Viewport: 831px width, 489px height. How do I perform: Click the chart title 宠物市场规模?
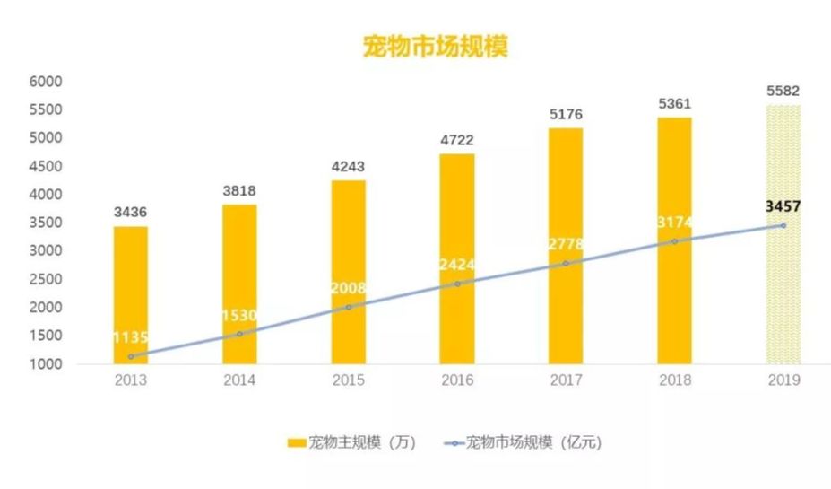coord(435,47)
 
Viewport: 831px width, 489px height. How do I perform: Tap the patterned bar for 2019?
coord(783,234)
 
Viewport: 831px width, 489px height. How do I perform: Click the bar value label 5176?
coord(566,114)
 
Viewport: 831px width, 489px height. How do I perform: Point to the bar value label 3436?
coord(131,213)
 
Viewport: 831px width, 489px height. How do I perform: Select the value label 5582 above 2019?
coord(783,91)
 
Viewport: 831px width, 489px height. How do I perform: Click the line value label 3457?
coord(783,206)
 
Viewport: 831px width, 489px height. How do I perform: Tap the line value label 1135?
coord(131,338)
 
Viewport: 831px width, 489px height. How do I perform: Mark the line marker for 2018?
coord(674,241)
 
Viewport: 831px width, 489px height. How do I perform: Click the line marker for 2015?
coord(349,307)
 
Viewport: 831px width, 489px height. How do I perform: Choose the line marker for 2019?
coord(783,225)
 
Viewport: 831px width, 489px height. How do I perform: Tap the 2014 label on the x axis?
coord(239,380)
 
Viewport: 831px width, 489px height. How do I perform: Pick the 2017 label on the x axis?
coord(566,380)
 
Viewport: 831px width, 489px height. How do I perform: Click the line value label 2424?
coord(457,265)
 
